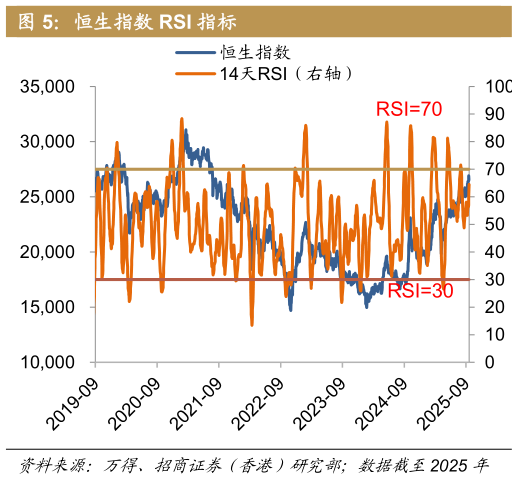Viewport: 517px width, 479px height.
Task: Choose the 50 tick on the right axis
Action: [x=487, y=225]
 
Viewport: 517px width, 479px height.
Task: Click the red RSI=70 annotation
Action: [x=408, y=109]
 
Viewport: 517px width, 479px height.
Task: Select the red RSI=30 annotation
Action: [x=421, y=292]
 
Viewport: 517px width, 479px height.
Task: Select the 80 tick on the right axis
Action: [x=487, y=142]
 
